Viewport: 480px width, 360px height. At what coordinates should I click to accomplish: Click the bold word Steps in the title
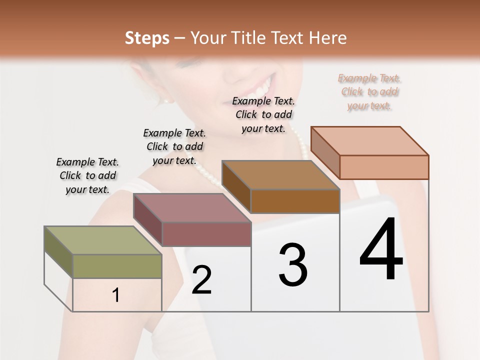[146, 38]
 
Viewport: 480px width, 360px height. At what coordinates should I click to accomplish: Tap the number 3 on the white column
[293, 265]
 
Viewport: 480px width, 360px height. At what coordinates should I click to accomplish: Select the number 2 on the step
[201, 280]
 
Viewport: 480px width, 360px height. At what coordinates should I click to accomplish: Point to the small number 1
[115, 295]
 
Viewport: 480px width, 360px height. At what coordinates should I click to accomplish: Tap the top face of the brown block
[280, 175]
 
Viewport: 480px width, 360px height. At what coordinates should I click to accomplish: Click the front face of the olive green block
[117, 266]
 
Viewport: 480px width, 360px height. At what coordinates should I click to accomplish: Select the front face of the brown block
[295, 201]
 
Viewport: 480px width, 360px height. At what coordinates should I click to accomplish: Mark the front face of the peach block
[384, 167]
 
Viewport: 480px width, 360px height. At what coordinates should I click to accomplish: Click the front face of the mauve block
[206, 234]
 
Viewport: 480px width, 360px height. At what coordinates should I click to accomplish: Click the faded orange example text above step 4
[369, 92]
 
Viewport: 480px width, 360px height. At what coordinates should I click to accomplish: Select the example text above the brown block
[263, 114]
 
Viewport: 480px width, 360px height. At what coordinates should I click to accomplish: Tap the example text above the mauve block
[174, 146]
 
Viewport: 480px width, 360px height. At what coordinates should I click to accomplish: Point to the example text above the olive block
[87, 175]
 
